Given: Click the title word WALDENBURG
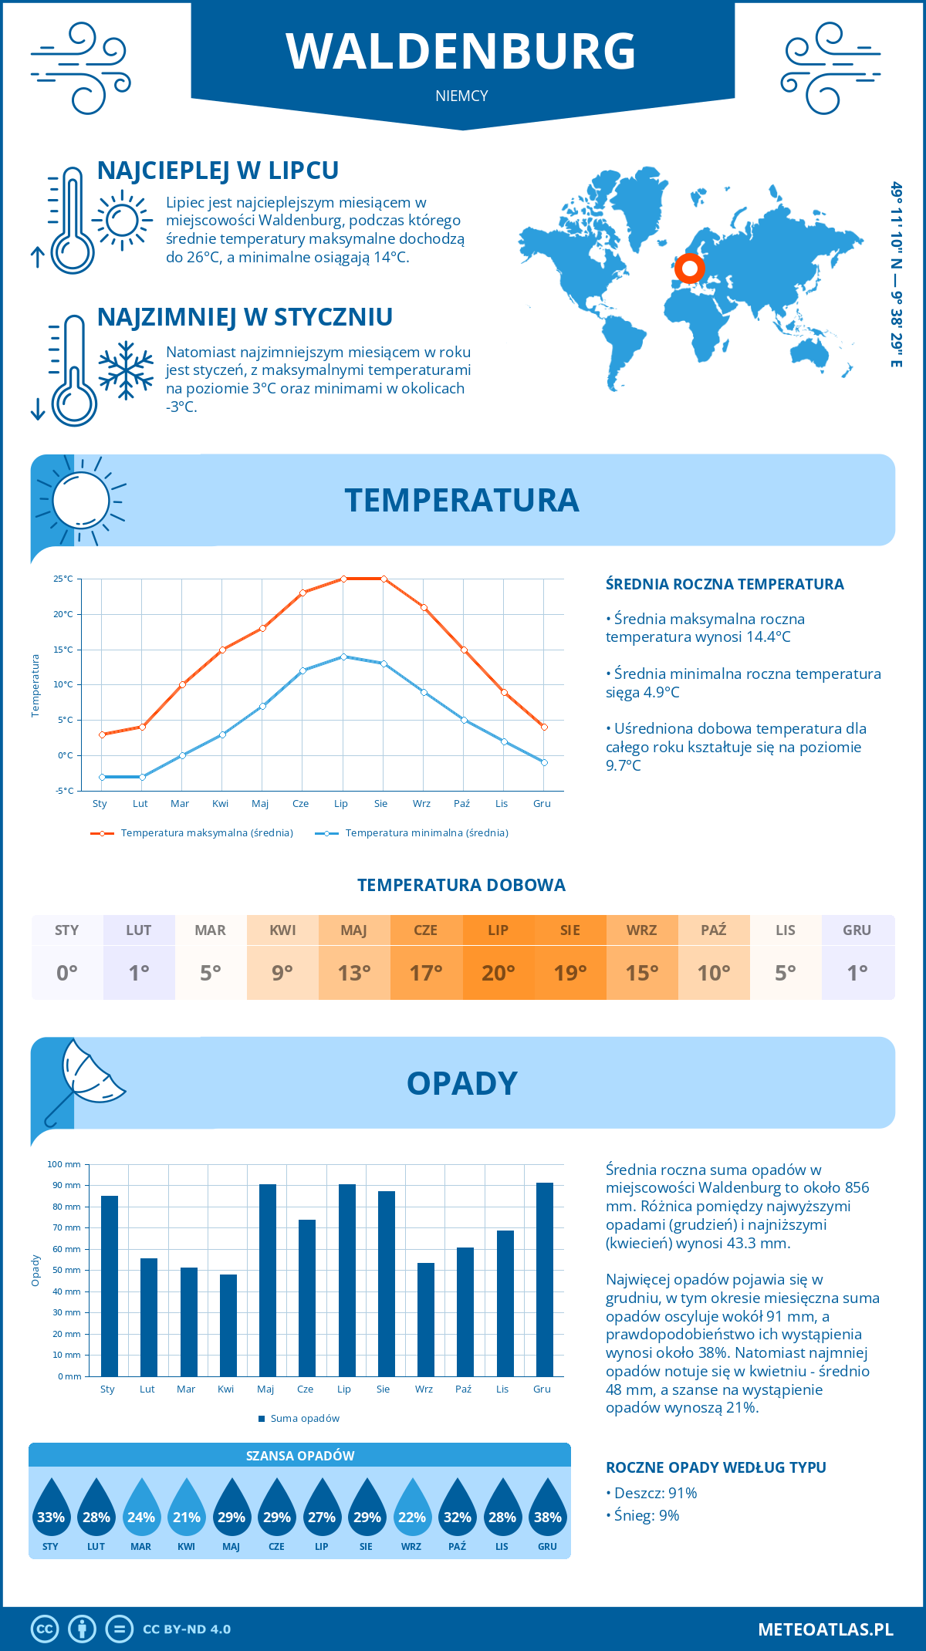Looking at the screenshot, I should (461, 52).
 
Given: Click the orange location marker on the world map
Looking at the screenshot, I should (689, 268).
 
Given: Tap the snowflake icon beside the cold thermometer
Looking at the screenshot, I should (126, 370).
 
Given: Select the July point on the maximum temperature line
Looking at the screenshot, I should (343, 579).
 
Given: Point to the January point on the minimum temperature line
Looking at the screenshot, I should (102, 777).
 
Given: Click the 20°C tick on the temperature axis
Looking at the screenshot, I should (63, 614).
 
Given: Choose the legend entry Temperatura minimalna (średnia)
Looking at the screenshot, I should (426, 833).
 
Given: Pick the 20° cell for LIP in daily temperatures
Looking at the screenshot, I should (498, 972).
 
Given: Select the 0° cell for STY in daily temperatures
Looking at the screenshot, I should (67, 972).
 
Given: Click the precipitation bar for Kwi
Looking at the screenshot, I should (228, 1325).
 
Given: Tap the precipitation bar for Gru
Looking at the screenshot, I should (545, 1279).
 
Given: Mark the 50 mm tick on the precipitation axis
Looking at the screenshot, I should (67, 1270).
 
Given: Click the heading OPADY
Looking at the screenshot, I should (462, 1083).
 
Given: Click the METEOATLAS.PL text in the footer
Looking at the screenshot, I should (825, 1629).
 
